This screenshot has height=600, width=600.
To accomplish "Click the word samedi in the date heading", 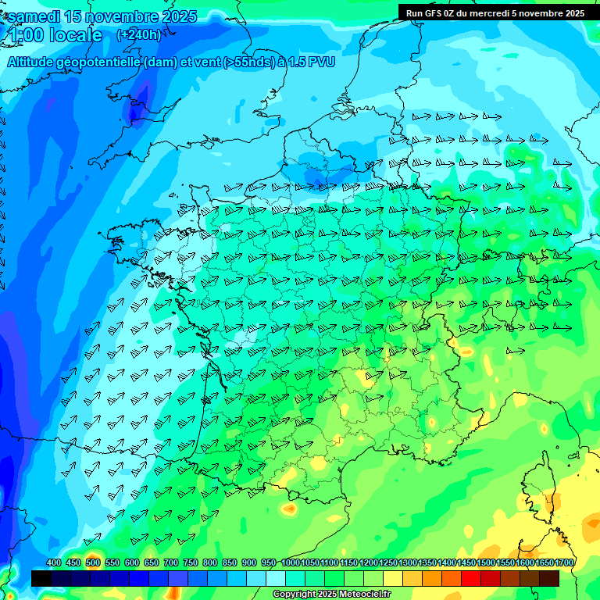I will (x=32, y=16).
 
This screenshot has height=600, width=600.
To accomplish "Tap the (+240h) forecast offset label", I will (x=138, y=35).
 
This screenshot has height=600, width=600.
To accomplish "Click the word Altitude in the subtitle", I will (x=35, y=62).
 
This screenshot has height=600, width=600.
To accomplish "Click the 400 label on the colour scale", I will (x=54, y=562).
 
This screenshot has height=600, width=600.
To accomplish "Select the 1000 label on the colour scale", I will (x=291, y=562).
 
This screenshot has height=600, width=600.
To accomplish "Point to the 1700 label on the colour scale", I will (x=564, y=562).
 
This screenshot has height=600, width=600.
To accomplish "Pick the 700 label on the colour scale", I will (x=171, y=562).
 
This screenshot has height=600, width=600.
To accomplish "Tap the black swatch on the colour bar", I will (x=41, y=578).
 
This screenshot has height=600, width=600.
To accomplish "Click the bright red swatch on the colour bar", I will (x=471, y=578).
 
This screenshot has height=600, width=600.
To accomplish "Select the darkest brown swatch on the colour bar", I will (x=549, y=578).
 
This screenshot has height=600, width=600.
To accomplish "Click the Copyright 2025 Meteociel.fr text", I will (x=331, y=595).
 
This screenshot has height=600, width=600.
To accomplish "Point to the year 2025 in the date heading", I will (x=177, y=16).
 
